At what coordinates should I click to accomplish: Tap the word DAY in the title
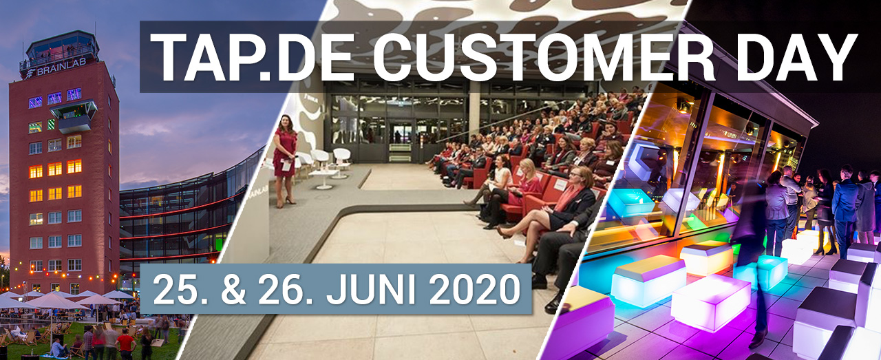pos(790,56)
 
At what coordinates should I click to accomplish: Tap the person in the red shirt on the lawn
pos(125,343)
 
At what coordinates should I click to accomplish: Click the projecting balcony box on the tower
pos(74,115)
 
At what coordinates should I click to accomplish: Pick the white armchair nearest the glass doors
pos(341,158)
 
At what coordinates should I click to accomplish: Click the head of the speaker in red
pos(285,123)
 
